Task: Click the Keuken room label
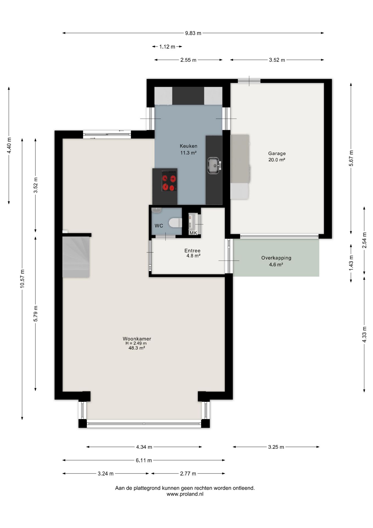coord(188,146)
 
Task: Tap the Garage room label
coord(277,153)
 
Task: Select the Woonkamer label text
coord(137,339)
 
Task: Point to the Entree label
coord(192,251)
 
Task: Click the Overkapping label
coord(276,258)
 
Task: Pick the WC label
coord(159,226)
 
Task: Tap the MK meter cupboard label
coord(193,233)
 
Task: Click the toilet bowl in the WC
coord(175,222)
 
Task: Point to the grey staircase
coord(76,257)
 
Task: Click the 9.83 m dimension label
coord(193,33)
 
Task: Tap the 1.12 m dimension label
coord(167,47)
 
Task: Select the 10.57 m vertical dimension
coord(22,279)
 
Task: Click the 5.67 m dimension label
coord(351,158)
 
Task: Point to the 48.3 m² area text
coord(137,348)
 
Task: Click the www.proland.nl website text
coord(185,494)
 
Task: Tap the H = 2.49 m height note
coord(136,343)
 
